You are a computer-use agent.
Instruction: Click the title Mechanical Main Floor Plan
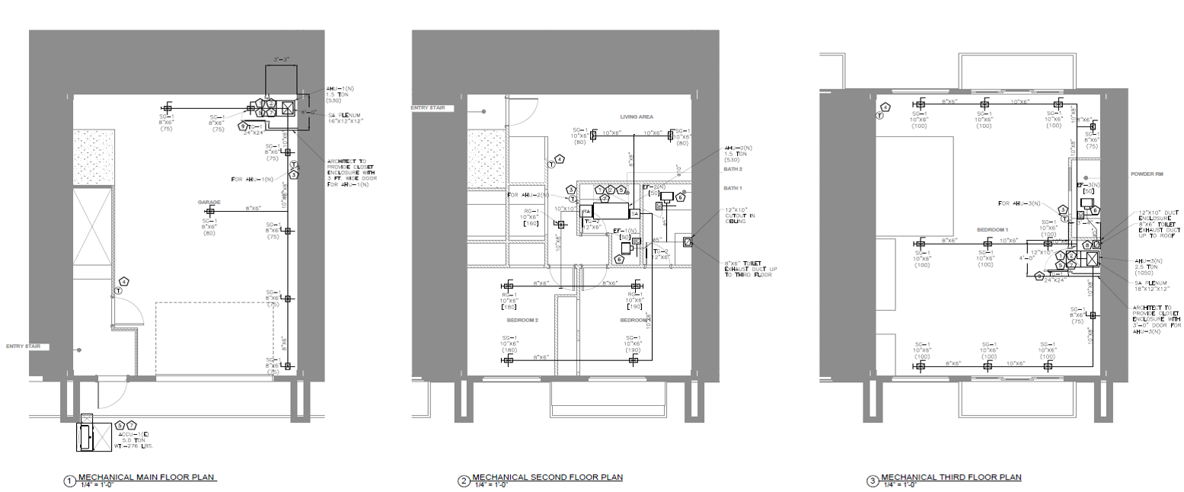tap(147, 478)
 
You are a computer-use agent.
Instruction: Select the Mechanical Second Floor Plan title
tap(547, 478)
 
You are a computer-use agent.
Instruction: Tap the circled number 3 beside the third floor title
tap(873, 481)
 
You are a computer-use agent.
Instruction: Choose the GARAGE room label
tap(210, 203)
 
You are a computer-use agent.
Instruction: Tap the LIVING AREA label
tap(637, 117)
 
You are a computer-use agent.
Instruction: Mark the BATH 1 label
tap(733, 187)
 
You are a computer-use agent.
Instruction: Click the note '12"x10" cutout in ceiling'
tap(739, 215)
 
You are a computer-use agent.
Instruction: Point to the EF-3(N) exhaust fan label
tap(1089, 184)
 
